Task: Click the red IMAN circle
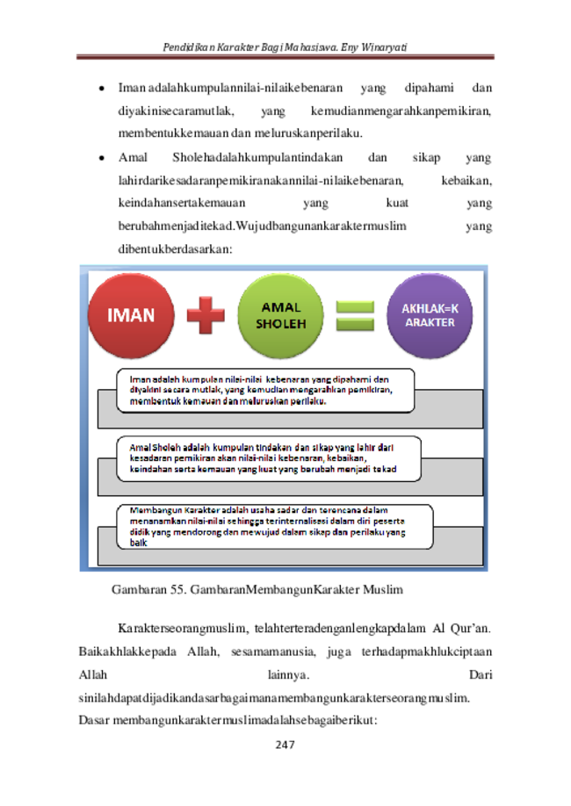point(131,315)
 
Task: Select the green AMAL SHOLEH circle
point(281,315)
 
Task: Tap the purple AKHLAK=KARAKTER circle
point(430,315)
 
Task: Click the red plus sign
point(206,315)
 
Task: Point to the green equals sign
point(355,315)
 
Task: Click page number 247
point(285,745)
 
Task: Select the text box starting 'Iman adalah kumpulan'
point(265,391)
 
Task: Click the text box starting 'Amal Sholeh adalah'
point(269,458)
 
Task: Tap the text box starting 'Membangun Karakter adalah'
point(275,527)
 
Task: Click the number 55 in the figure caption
point(177,589)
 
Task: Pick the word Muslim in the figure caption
point(383,589)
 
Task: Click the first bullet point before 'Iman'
point(102,89)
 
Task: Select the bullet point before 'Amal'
point(102,158)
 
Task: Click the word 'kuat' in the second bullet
point(397,203)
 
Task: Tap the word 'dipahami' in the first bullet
point(429,89)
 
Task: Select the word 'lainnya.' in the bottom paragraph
point(288,674)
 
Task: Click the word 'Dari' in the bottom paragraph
point(481,674)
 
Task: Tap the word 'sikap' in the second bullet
point(426,158)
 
